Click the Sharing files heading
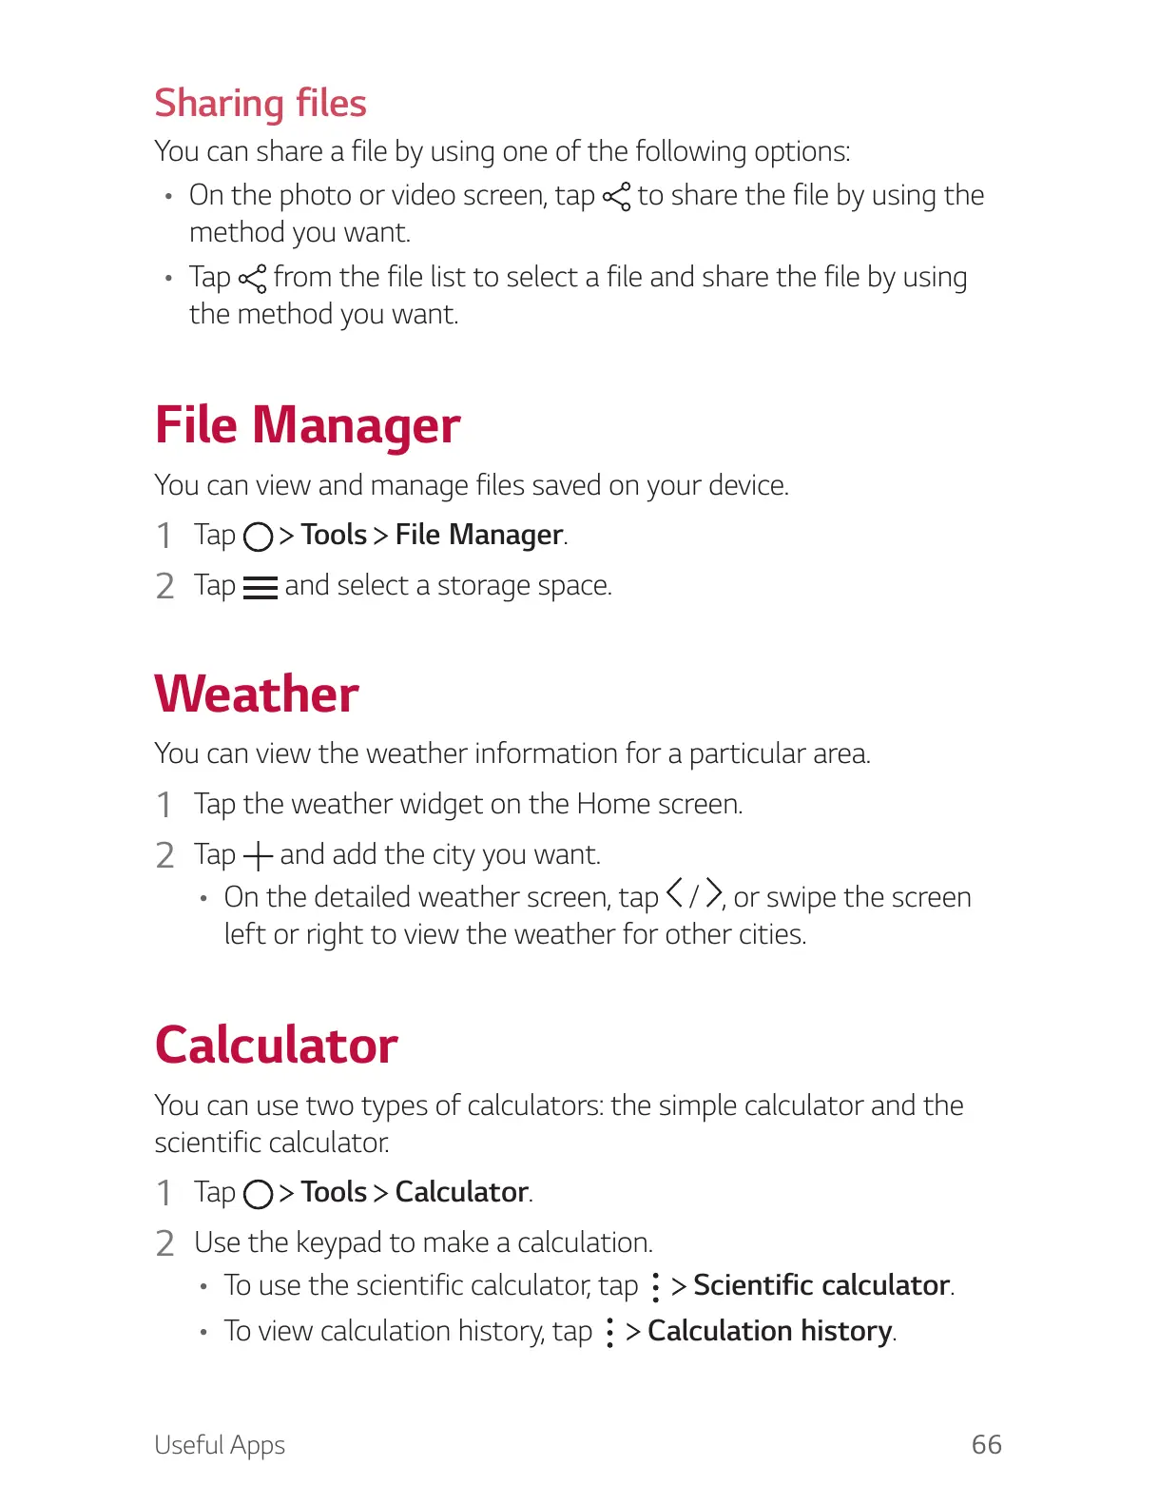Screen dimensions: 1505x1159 [261, 103]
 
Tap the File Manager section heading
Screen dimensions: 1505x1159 [307, 424]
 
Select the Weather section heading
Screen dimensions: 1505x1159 [257, 694]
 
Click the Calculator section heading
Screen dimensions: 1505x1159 [276, 1045]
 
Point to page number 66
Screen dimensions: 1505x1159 [986, 1444]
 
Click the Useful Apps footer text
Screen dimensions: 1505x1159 [220, 1445]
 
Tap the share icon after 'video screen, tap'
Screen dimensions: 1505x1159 [617, 197]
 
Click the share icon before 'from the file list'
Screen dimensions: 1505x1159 [253, 279]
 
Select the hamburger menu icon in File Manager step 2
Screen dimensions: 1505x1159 [260, 588]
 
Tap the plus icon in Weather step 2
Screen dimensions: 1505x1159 [258, 856]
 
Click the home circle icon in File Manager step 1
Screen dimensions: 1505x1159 [259, 537]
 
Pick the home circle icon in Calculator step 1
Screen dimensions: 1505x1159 [259, 1194]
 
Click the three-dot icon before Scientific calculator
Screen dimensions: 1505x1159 [655, 1287]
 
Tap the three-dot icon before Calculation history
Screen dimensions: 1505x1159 [609, 1332]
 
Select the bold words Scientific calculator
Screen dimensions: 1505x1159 [821, 1285]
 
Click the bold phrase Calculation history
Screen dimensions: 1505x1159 [770, 1331]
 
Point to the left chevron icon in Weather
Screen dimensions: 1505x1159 [674, 894]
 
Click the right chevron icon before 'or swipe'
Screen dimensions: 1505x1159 [713, 894]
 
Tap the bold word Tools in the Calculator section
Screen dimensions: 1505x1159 [334, 1192]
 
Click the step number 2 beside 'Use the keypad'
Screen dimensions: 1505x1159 [165, 1243]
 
